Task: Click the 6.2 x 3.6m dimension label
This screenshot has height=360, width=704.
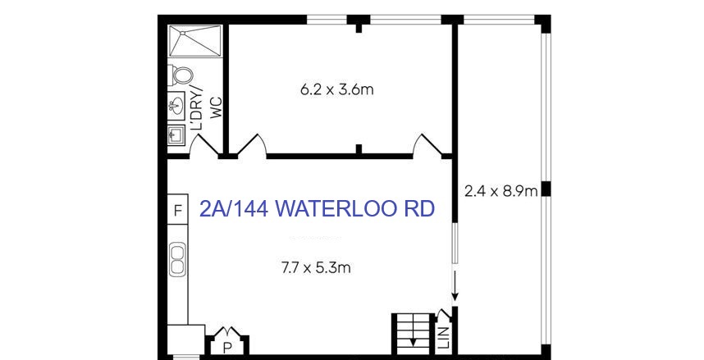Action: (336, 89)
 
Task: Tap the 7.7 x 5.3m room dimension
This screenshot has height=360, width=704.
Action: (316, 268)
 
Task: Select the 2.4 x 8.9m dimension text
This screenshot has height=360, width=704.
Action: (501, 192)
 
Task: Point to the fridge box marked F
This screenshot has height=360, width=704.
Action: (178, 210)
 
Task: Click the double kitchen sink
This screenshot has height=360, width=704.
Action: (178, 259)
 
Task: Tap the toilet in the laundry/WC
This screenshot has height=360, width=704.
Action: (181, 75)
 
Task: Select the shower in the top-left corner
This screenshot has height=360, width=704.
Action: (195, 41)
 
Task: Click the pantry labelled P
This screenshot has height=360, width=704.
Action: (228, 347)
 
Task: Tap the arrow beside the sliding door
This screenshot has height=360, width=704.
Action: (455, 285)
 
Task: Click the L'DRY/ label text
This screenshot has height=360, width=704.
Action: (197, 107)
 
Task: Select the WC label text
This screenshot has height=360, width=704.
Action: (217, 107)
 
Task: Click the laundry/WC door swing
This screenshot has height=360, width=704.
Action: (203, 145)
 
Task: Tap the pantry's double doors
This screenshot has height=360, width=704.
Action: (228, 332)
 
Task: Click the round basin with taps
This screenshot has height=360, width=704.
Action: (176, 106)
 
